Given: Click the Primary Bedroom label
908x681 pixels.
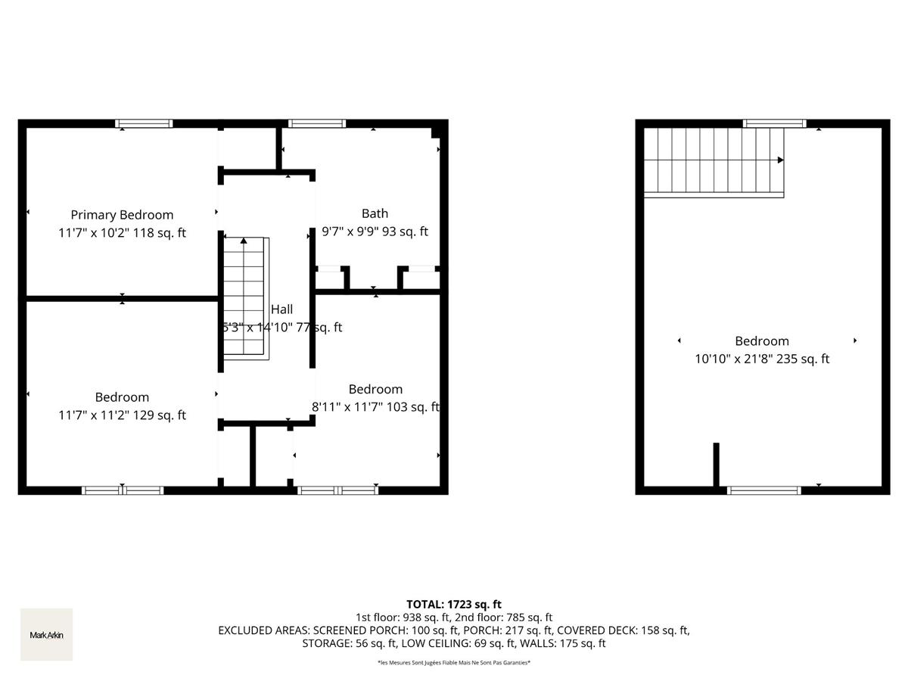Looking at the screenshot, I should point(122,215).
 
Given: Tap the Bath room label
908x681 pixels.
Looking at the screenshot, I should point(375,213).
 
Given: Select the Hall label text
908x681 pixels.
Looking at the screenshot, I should point(281,309).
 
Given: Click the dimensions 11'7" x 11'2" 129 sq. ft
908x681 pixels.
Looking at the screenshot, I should point(122,415).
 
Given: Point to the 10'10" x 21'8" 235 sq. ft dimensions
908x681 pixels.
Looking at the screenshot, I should point(762,359).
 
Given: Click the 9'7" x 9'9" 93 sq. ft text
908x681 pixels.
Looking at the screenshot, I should point(375,232).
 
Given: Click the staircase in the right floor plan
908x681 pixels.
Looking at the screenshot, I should point(713,161).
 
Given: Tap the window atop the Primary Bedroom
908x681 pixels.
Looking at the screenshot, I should point(144,123).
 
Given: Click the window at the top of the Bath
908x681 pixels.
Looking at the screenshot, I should point(317,123).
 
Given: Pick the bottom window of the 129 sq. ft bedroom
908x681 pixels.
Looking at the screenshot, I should point(123,490).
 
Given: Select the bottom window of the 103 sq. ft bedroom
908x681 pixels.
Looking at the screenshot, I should point(338,490).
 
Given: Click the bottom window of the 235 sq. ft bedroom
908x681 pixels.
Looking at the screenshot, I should point(763,490).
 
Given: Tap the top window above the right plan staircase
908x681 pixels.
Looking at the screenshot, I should point(774,123).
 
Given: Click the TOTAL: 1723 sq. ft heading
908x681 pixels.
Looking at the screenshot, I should point(454,604).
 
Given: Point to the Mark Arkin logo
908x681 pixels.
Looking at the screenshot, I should point(46,635).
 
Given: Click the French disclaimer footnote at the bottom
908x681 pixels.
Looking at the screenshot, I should point(454,662).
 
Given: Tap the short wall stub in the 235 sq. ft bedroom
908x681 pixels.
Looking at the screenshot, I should point(716,465).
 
